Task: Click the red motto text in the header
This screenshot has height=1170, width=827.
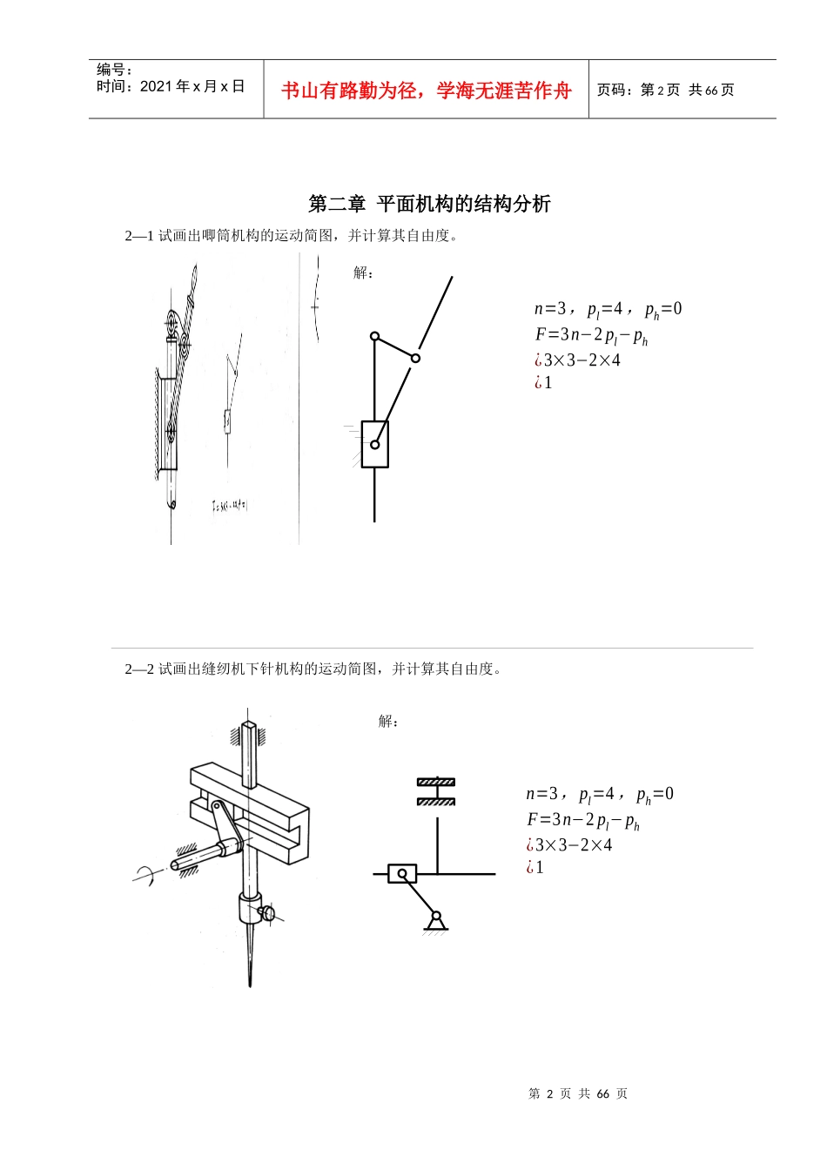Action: pos(426,91)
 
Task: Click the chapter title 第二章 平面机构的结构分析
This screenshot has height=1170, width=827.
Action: pos(429,204)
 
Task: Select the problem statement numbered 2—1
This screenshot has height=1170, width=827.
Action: pos(291,236)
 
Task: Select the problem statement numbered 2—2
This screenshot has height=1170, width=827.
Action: pos(313,669)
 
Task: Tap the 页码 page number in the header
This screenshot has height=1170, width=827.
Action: pos(665,90)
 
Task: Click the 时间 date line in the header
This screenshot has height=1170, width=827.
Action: pos(171,86)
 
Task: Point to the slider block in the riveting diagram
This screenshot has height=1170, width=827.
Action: pos(374,444)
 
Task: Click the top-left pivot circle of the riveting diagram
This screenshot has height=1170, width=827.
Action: pos(374,336)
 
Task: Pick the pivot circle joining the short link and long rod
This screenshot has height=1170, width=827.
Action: pos(415,358)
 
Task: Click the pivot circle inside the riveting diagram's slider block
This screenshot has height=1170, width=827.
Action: pos(374,444)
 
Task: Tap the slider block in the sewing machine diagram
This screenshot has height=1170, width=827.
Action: pos(401,873)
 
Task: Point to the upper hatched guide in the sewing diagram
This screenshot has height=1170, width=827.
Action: pos(435,782)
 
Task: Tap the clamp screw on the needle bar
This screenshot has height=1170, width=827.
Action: pos(267,913)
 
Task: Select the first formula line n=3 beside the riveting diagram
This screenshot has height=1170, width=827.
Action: pos(608,309)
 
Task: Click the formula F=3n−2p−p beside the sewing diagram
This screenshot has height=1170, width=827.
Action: pos(582,820)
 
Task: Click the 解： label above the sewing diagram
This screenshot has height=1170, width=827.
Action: pos(388,721)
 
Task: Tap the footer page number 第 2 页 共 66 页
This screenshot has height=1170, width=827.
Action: pos(577,1093)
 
